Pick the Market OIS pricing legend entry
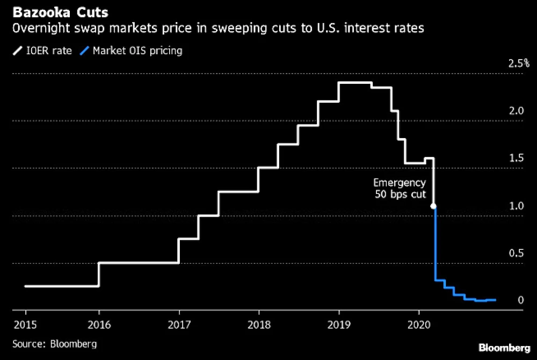[132, 51]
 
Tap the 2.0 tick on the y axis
[516, 111]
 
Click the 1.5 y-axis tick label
[516, 158]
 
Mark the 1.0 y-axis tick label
[516, 205]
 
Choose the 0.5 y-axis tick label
[516, 253]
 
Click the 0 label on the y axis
[520, 300]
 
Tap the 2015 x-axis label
[26, 325]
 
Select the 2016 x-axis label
[99, 325]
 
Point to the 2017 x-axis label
[178, 325]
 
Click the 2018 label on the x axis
[259, 325]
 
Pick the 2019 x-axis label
[339, 325]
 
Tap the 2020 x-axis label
[418, 325]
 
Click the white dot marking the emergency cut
[433, 206]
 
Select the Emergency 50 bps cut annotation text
[400, 188]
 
